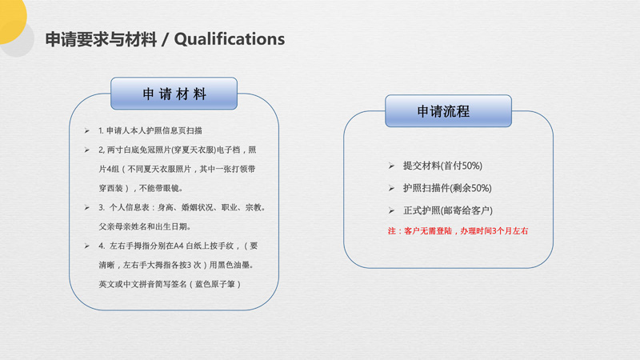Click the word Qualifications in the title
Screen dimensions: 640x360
(230, 39)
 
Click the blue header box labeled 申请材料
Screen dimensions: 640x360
(174, 94)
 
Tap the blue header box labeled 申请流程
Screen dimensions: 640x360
(448, 111)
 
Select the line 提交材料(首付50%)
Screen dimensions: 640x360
(442, 166)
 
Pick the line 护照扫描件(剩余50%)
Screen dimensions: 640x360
(447, 188)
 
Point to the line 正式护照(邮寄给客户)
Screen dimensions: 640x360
(448, 210)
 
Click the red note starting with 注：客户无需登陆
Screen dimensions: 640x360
(458, 231)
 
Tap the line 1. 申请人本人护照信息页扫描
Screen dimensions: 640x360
(150, 130)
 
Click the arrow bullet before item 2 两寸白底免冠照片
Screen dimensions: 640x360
(87, 150)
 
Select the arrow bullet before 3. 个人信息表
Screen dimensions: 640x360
(87, 208)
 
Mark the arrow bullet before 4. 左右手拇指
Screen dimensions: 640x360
(87, 246)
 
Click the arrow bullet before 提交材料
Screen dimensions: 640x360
(391, 166)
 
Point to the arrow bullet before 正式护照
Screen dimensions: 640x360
(391, 211)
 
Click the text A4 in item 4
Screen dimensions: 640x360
(178, 246)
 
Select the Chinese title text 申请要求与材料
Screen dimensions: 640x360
(101, 39)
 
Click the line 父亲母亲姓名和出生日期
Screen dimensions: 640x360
(145, 226)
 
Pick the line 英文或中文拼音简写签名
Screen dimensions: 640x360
(170, 284)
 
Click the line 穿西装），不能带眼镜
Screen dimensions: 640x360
(141, 188)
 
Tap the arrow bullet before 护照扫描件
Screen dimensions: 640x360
(391, 189)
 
